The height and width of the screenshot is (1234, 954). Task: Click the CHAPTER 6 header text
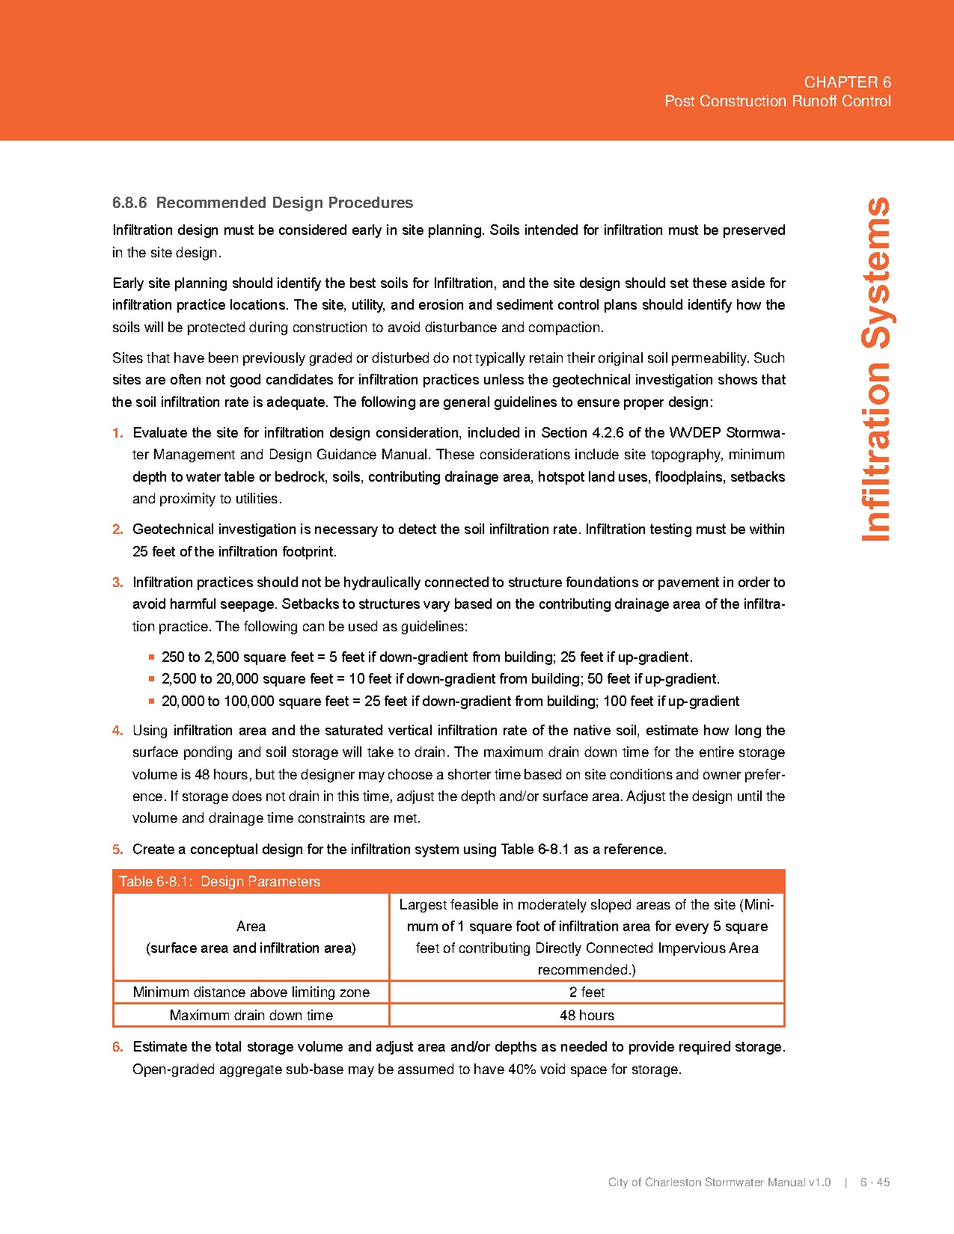pos(847,82)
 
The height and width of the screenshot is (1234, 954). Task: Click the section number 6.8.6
pos(129,203)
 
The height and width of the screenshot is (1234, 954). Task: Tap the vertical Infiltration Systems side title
pos(876,369)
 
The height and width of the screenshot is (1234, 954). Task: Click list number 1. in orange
pos(117,432)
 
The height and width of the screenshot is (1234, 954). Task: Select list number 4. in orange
pos(117,730)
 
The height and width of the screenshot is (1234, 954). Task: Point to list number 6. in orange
pos(117,1046)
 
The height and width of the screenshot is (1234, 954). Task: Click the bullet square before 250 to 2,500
pos(152,657)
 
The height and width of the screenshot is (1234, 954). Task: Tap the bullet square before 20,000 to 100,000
pos(152,702)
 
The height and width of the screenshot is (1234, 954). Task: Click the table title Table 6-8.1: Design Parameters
pos(220,881)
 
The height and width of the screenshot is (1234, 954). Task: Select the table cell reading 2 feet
pos(587,992)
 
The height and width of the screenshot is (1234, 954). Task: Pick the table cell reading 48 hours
pos(587,1015)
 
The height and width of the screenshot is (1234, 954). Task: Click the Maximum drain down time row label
pos(251,1015)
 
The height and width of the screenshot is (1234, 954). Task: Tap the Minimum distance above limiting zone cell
pos(251,992)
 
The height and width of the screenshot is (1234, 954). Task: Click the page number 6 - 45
pos(875,1182)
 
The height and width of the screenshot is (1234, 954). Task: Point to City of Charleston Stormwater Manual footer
pos(719,1182)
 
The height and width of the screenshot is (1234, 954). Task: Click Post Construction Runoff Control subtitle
pos(777,101)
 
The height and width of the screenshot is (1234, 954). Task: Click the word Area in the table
pos(251,926)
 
